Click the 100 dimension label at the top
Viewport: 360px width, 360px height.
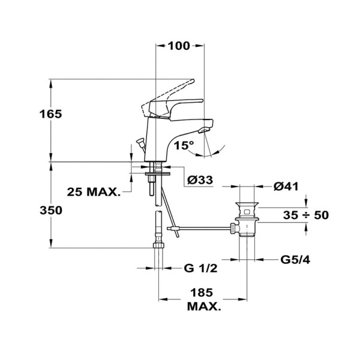click(x=179, y=46)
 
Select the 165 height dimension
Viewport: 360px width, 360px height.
click(x=51, y=114)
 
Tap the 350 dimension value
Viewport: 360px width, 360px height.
click(x=51, y=211)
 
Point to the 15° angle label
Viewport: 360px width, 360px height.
click(x=184, y=145)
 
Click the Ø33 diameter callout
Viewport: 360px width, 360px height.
click(x=200, y=180)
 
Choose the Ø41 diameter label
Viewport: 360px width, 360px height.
click(x=286, y=187)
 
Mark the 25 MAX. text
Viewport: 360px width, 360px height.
click(x=94, y=192)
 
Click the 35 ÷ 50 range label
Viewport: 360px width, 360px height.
click(x=305, y=215)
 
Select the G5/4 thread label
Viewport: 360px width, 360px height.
click(x=295, y=260)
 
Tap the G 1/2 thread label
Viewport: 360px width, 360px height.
click(x=200, y=268)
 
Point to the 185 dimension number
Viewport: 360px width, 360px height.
click(x=202, y=293)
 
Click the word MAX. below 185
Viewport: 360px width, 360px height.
click(x=204, y=307)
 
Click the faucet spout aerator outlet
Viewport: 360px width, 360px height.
click(x=203, y=131)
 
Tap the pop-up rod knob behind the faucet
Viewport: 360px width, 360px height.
click(x=140, y=141)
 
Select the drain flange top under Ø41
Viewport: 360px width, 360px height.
click(x=247, y=203)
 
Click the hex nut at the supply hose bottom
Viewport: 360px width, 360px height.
click(x=158, y=245)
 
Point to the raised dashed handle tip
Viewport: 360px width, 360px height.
click(x=193, y=81)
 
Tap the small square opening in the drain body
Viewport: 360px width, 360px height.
click(x=247, y=211)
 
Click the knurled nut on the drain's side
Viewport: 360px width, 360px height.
click(x=233, y=229)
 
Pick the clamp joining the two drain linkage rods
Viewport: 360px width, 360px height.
click(x=175, y=229)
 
